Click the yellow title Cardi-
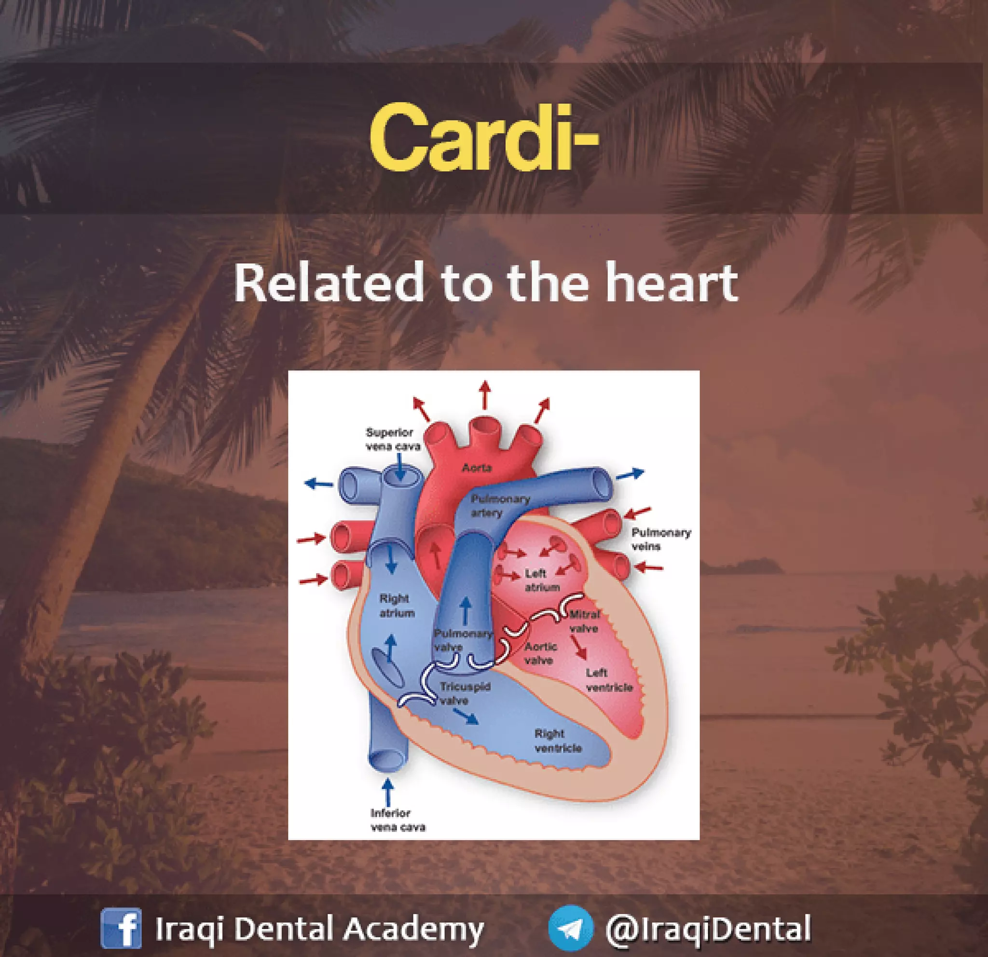pos(483,138)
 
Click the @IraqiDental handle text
pos(708,928)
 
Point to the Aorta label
pos(476,468)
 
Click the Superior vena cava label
pos(392,439)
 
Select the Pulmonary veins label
pos(660,539)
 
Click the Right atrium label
pos(397,606)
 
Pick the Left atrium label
pos(541,581)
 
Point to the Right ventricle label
pos(558,741)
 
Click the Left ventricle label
pos(608,680)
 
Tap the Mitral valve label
pos(585,621)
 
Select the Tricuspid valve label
pos(464,694)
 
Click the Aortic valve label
pos(540,653)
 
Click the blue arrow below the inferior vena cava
pos(388,791)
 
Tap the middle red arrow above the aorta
pos(484,395)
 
